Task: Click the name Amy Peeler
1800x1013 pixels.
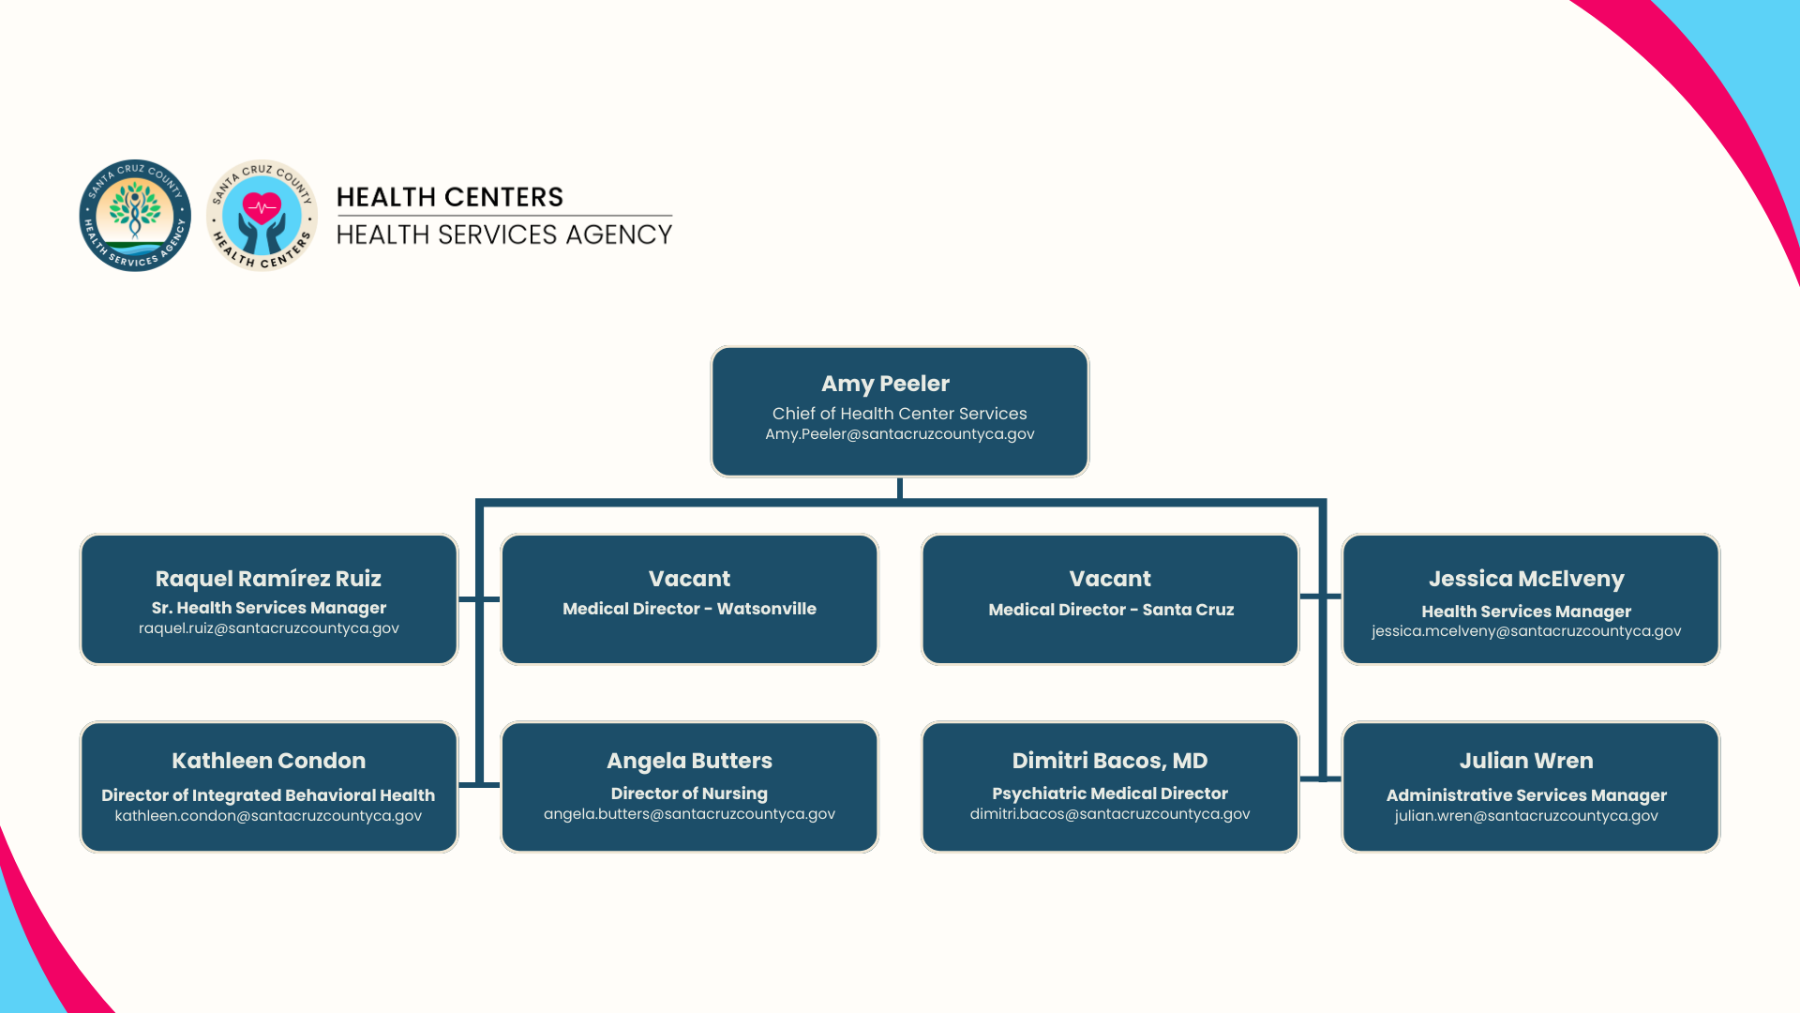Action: coord(885,384)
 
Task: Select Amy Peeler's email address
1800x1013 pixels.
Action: coord(899,434)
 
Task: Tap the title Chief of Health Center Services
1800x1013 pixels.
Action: coord(899,414)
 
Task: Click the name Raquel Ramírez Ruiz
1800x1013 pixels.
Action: coord(268,579)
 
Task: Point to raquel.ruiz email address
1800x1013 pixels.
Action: coord(268,628)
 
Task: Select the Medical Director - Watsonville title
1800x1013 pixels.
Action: coord(689,609)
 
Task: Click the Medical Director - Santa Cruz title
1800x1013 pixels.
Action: coord(1111,610)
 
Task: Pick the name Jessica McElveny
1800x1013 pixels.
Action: coord(1526,579)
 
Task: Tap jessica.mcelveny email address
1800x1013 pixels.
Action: coord(1526,631)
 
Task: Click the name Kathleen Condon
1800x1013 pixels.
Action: coord(268,761)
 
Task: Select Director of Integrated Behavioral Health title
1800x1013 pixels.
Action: coord(268,795)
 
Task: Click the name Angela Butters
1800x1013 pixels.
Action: coord(689,761)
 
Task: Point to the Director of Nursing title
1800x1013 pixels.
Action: coord(689,794)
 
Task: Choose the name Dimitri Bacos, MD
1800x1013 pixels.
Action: coord(1110,761)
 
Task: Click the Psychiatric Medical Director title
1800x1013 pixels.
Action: coord(1110,794)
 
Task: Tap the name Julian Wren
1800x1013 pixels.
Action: coord(1526,761)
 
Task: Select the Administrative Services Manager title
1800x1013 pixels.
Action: coord(1526,795)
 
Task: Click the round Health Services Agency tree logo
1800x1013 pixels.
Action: coord(135,216)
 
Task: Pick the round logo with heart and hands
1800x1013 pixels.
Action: coord(262,216)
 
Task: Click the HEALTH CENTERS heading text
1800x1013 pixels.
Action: coord(450,197)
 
